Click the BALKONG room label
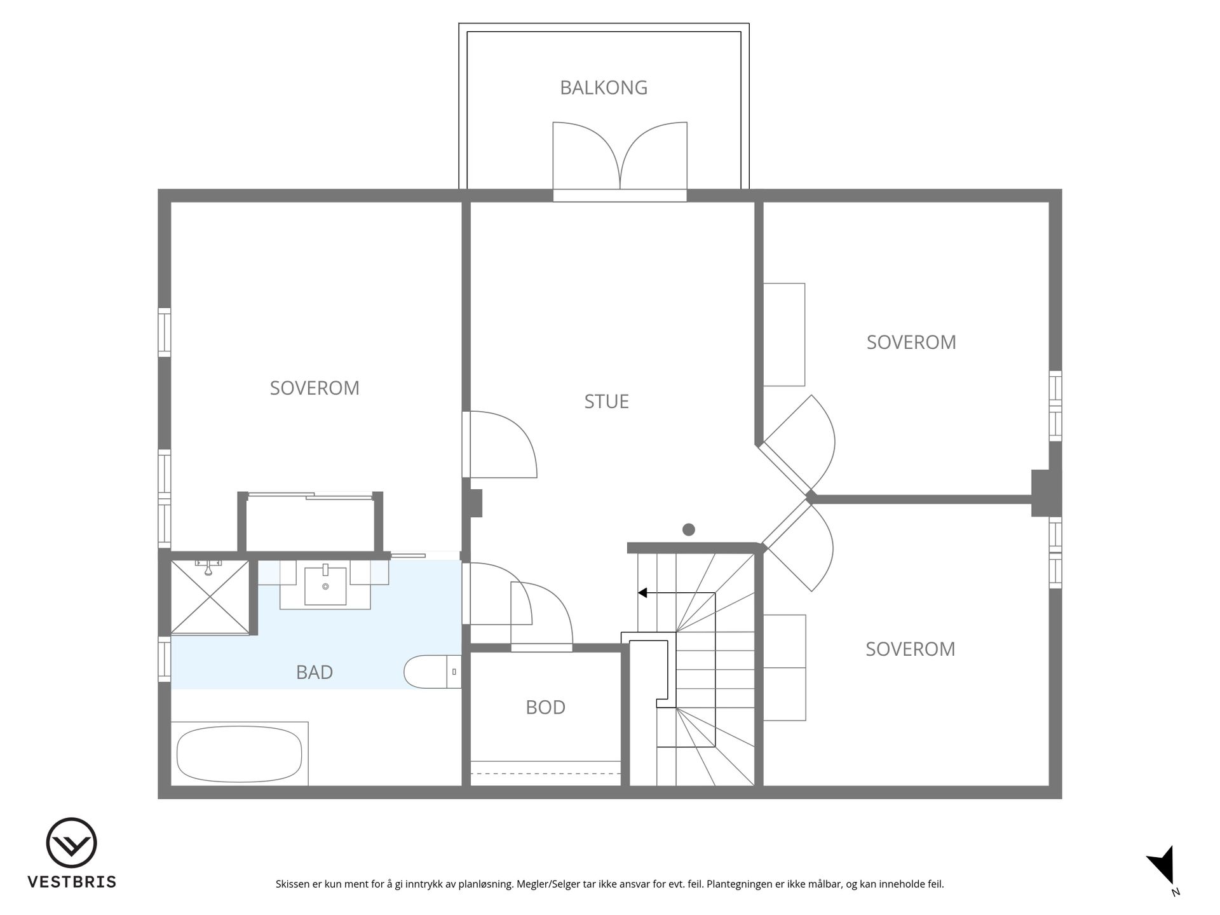[x=604, y=88]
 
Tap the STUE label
[x=607, y=402]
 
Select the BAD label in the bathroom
[x=315, y=672]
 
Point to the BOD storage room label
[x=545, y=707]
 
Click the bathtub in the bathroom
[x=240, y=754]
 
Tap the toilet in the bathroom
[x=433, y=672]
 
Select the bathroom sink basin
[x=325, y=586]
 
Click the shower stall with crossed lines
[x=210, y=597]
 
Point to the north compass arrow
[x=1163, y=866]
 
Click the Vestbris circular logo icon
[x=71, y=843]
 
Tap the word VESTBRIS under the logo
[x=72, y=882]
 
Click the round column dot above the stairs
[x=688, y=529]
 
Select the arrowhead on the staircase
[x=642, y=593]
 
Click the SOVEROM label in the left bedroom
[x=315, y=388]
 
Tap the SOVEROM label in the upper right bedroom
[x=911, y=342]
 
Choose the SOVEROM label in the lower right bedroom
[x=911, y=649]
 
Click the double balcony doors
[x=620, y=159]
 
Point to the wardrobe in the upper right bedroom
[x=784, y=335]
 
